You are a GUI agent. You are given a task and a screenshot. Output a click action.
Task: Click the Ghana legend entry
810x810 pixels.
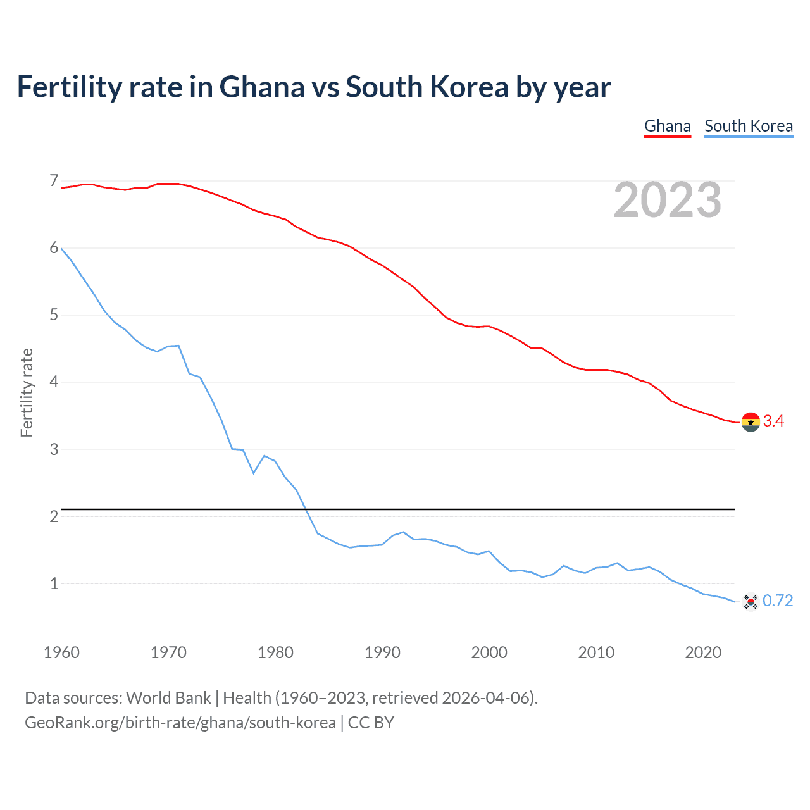pyautogui.click(x=667, y=126)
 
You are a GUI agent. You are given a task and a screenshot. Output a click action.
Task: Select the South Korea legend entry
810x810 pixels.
pyautogui.click(x=748, y=126)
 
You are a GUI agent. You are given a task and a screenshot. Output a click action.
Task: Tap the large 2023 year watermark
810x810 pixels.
pyautogui.click(x=667, y=200)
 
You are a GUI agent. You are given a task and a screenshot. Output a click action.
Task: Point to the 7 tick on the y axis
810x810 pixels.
pyautogui.click(x=54, y=182)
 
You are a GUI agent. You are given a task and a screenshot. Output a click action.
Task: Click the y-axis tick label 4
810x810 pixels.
pyautogui.click(x=54, y=382)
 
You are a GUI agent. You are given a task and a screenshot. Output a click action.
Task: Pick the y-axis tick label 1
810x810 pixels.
pyautogui.click(x=54, y=583)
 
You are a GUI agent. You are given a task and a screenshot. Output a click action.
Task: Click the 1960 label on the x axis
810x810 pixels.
pyautogui.click(x=61, y=652)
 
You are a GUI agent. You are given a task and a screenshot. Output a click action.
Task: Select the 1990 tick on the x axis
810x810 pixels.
pyautogui.click(x=382, y=652)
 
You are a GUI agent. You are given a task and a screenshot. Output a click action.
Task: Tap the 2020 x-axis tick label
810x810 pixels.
pyautogui.click(x=703, y=652)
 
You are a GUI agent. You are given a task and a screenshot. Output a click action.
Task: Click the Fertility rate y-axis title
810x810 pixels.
pyautogui.click(x=27, y=392)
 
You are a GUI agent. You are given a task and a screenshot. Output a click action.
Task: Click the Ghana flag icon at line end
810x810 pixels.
pyautogui.click(x=751, y=421)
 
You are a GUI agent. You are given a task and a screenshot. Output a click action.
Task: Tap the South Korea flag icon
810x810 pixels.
pyautogui.click(x=751, y=601)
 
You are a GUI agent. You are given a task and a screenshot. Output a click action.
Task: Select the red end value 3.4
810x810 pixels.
pyautogui.click(x=773, y=421)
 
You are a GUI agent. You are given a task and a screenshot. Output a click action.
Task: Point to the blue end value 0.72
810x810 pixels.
pyautogui.click(x=778, y=601)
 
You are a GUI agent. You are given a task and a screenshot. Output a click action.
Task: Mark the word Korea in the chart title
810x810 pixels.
pyautogui.click(x=469, y=87)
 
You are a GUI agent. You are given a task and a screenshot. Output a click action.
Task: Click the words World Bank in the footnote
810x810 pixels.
pyautogui.click(x=168, y=698)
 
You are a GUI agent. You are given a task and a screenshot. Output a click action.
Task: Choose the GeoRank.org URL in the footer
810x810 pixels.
pyautogui.click(x=180, y=723)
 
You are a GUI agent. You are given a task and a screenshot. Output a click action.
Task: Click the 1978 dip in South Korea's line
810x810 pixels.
pyautogui.click(x=253, y=473)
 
